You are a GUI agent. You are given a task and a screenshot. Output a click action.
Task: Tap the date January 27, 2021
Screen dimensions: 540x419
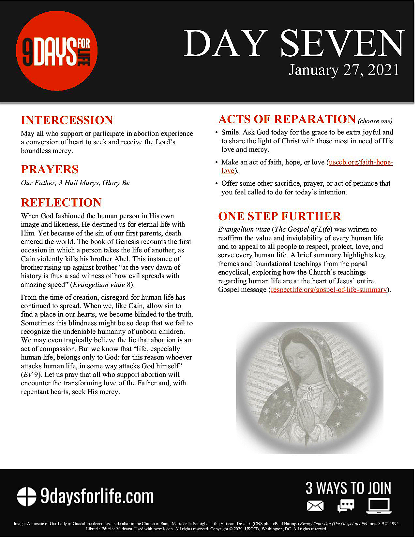click(x=344, y=70)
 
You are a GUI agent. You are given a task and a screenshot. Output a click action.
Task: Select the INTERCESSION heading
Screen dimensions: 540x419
click(x=67, y=120)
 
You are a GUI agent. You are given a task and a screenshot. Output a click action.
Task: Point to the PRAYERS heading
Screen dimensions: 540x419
click(x=50, y=169)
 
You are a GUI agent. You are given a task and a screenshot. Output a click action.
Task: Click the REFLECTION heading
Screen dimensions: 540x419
click(x=61, y=203)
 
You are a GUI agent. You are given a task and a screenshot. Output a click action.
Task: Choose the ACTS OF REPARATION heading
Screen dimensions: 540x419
click(x=287, y=119)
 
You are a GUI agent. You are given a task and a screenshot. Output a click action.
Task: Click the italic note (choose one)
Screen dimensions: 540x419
click(x=375, y=121)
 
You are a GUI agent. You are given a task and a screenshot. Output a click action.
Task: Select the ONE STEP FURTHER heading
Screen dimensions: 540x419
click(x=279, y=216)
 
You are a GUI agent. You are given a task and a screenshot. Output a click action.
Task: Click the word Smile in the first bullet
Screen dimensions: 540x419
click(x=230, y=132)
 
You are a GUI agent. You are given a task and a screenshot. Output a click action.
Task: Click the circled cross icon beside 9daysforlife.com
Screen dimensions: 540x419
click(x=27, y=497)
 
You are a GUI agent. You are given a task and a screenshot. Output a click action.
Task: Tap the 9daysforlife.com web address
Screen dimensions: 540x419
click(x=97, y=497)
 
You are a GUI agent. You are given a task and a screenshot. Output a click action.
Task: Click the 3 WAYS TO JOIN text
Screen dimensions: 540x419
click(x=348, y=488)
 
